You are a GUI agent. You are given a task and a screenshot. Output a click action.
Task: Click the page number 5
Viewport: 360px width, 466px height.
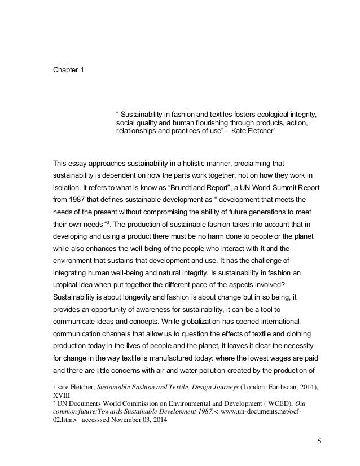pos(319,441)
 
